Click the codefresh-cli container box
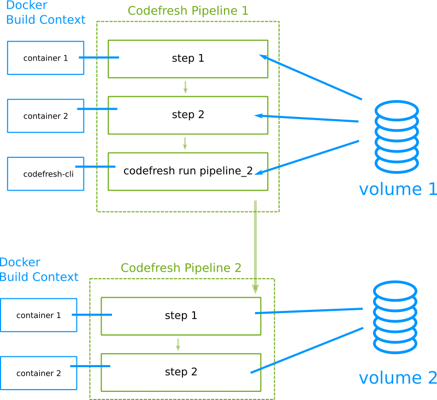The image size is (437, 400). point(45,174)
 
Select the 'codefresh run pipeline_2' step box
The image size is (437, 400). point(188,171)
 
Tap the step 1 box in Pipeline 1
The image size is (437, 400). point(188,58)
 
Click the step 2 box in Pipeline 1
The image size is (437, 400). point(188,115)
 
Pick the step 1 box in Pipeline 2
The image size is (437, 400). point(181,316)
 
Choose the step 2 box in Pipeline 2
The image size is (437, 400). point(181,372)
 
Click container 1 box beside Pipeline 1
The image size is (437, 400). point(45,58)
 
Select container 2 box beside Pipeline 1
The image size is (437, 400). point(45,116)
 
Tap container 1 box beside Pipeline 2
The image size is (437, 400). point(38,315)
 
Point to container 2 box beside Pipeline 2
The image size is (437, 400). point(38,373)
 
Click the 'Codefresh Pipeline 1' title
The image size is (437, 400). point(188,10)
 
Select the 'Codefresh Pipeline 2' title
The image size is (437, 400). point(181,268)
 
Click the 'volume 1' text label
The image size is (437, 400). point(398,189)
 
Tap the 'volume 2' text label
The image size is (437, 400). point(398,378)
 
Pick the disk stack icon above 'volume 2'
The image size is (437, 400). point(395,317)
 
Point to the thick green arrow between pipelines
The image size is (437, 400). point(255,246)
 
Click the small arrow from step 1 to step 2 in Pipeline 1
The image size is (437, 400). point(186,87)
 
